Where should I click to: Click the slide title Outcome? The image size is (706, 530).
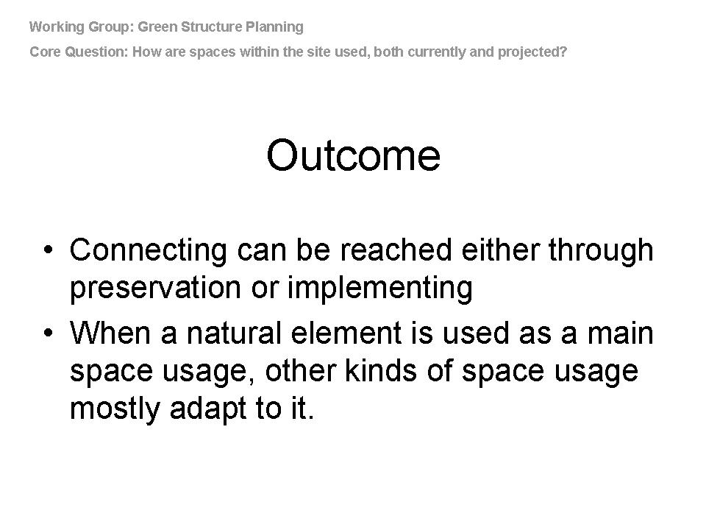354,155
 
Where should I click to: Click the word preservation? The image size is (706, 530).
155,289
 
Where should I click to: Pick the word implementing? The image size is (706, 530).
380,289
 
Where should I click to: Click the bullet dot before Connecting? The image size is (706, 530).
49,250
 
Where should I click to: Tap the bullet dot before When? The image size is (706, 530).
49,333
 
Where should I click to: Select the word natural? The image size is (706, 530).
234,333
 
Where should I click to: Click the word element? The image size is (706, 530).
346,333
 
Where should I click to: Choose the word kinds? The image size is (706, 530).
380,371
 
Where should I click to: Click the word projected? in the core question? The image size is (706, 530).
532,52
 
